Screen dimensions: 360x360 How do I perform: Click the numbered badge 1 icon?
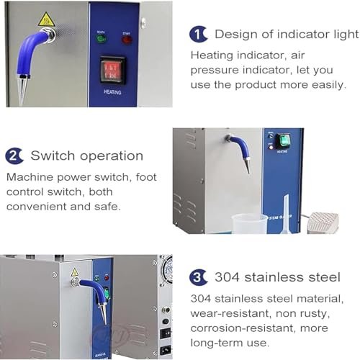pos(198,35)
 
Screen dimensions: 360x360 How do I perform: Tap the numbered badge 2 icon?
pos(14,156)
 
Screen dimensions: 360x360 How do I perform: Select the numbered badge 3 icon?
pos(198,277)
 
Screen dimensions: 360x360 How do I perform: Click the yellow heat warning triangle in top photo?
pos(46,19)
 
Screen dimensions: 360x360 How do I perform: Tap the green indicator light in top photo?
pos(101,39)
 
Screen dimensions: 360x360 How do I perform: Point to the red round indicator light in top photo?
pos(127,40)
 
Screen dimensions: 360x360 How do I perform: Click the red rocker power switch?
pos(112,71)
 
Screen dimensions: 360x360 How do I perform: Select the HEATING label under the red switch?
pos(112,92)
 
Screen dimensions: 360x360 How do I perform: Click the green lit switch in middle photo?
pos(284,141)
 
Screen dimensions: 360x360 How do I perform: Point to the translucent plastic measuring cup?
pos(249,224)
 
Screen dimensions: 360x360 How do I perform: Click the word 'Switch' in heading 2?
pos(53,156)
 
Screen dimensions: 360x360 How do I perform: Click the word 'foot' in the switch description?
pos(146,177)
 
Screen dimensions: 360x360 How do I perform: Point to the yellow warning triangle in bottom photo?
pos(75,272)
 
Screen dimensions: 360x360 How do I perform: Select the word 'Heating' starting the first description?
pos(212,55)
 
